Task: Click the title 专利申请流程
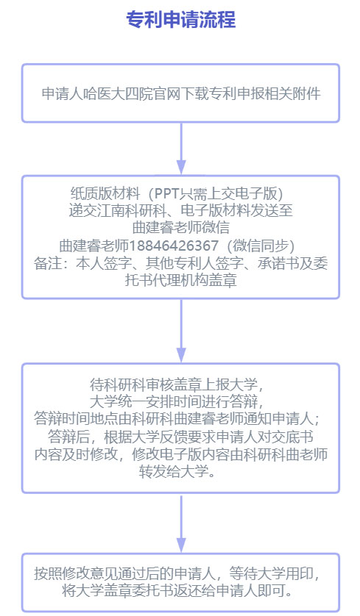180,19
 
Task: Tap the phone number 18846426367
173,246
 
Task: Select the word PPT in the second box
167,193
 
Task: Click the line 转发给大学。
180,471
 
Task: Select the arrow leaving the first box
180,148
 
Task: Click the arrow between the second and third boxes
180,330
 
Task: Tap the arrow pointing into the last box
180,523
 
